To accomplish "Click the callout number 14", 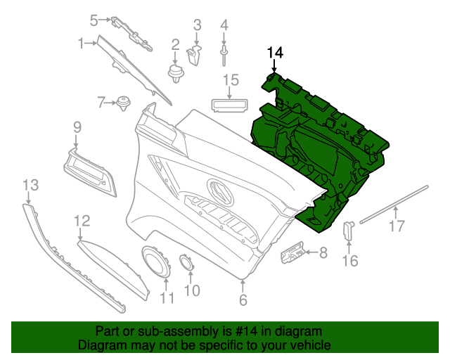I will coord(274,52).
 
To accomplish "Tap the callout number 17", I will coord(397,226).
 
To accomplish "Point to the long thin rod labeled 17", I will coord(394,204).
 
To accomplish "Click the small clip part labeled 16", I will coord(348,230).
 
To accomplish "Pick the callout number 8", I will coord(323,252).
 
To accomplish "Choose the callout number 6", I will coord(243,301).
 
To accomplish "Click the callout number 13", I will coord(30,185).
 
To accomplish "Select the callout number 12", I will coord(82,221).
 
